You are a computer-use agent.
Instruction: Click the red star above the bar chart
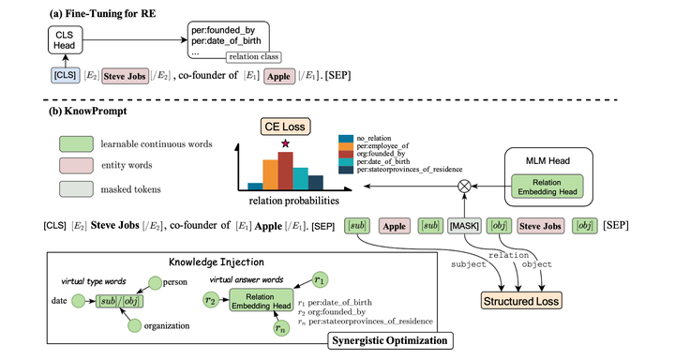pos(283,143)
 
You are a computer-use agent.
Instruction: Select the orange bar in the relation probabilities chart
pos(270,174)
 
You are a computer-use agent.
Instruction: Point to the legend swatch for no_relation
pos(344,139)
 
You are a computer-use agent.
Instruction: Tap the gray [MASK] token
pos(466,226)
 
